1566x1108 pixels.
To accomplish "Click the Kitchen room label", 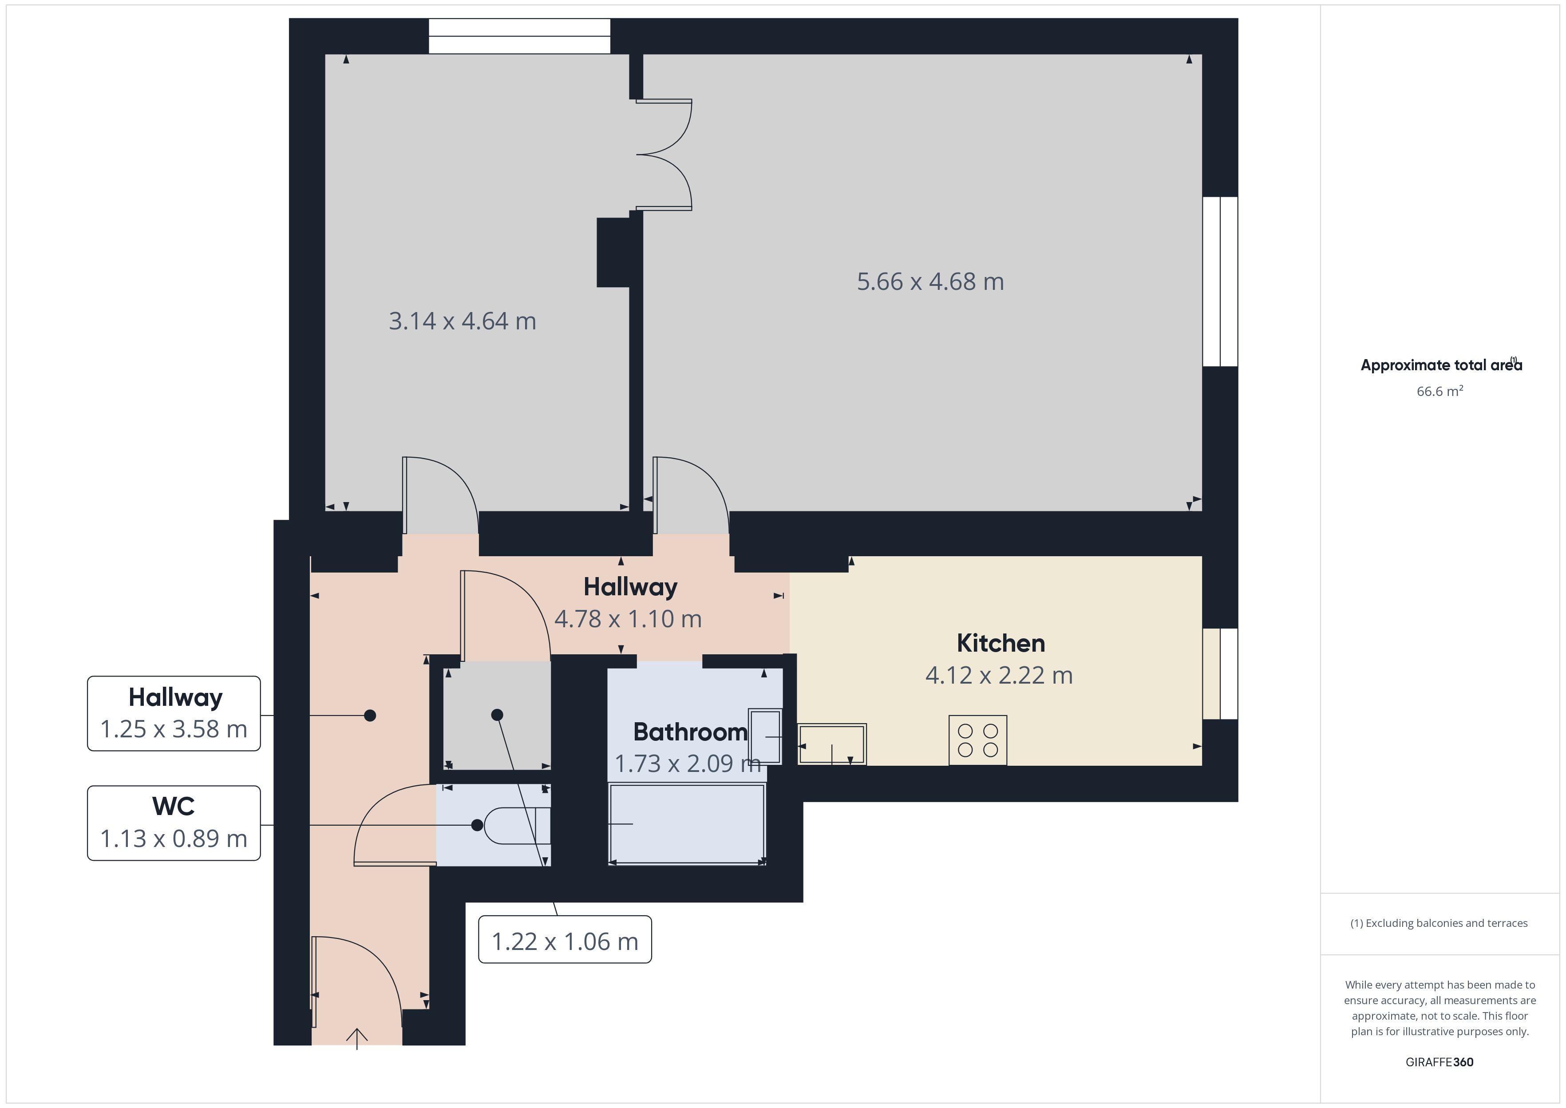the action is click(x=1000, y=643).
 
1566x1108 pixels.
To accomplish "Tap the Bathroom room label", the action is click(x=690, y=732).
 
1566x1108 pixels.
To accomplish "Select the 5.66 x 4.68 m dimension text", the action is click(x=930, y=282).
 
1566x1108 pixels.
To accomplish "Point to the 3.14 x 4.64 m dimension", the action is click(x=463, y=321).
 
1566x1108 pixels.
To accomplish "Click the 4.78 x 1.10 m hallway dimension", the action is click(x=628, y=619).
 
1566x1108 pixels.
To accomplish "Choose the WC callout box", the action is click(x=174, y=823).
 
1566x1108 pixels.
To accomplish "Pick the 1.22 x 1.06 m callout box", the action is click(x=565, y=939).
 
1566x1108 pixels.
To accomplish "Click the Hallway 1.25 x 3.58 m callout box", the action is click(x=174, y=714).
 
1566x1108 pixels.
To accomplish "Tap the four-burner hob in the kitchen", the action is click(x=977, y=740).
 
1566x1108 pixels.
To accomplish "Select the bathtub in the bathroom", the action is click(x=687, y=824).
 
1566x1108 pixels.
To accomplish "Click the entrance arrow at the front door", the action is click(x=357, y=1038).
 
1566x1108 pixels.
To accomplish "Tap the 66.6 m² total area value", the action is click(x=1440, y=391).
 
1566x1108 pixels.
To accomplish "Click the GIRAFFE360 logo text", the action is click(x=1439, y=1062).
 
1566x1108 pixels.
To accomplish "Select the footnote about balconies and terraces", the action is click(x=1439, y=923).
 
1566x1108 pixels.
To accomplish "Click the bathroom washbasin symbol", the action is click(x=765, y=736).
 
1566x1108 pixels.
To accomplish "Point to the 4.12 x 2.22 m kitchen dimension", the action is click(x=999, y=676).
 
